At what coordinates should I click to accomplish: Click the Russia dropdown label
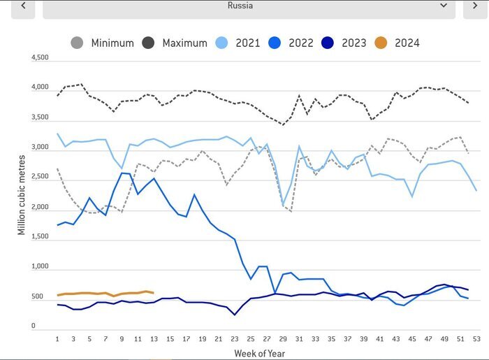(x=240, y=6)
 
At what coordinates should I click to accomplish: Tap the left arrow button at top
(x=24, y=6)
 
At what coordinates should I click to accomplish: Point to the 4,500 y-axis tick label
(x=40, y=58)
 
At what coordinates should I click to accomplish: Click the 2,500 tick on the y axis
(x=40, y=178)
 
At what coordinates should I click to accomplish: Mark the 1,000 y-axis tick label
(x=40, y=267)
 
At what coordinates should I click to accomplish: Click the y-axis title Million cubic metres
(x=22, y=191)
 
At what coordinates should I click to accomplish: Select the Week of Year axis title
(x=259, y=352)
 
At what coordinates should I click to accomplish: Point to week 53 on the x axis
(x=476, y=339)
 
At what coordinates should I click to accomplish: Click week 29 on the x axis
(x=283, y=339)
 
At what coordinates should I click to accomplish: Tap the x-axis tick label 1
(x=57, y=339)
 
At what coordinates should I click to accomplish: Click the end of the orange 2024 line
(x=153, y=293)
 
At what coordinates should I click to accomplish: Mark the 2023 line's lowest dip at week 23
(x=235, y=315)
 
